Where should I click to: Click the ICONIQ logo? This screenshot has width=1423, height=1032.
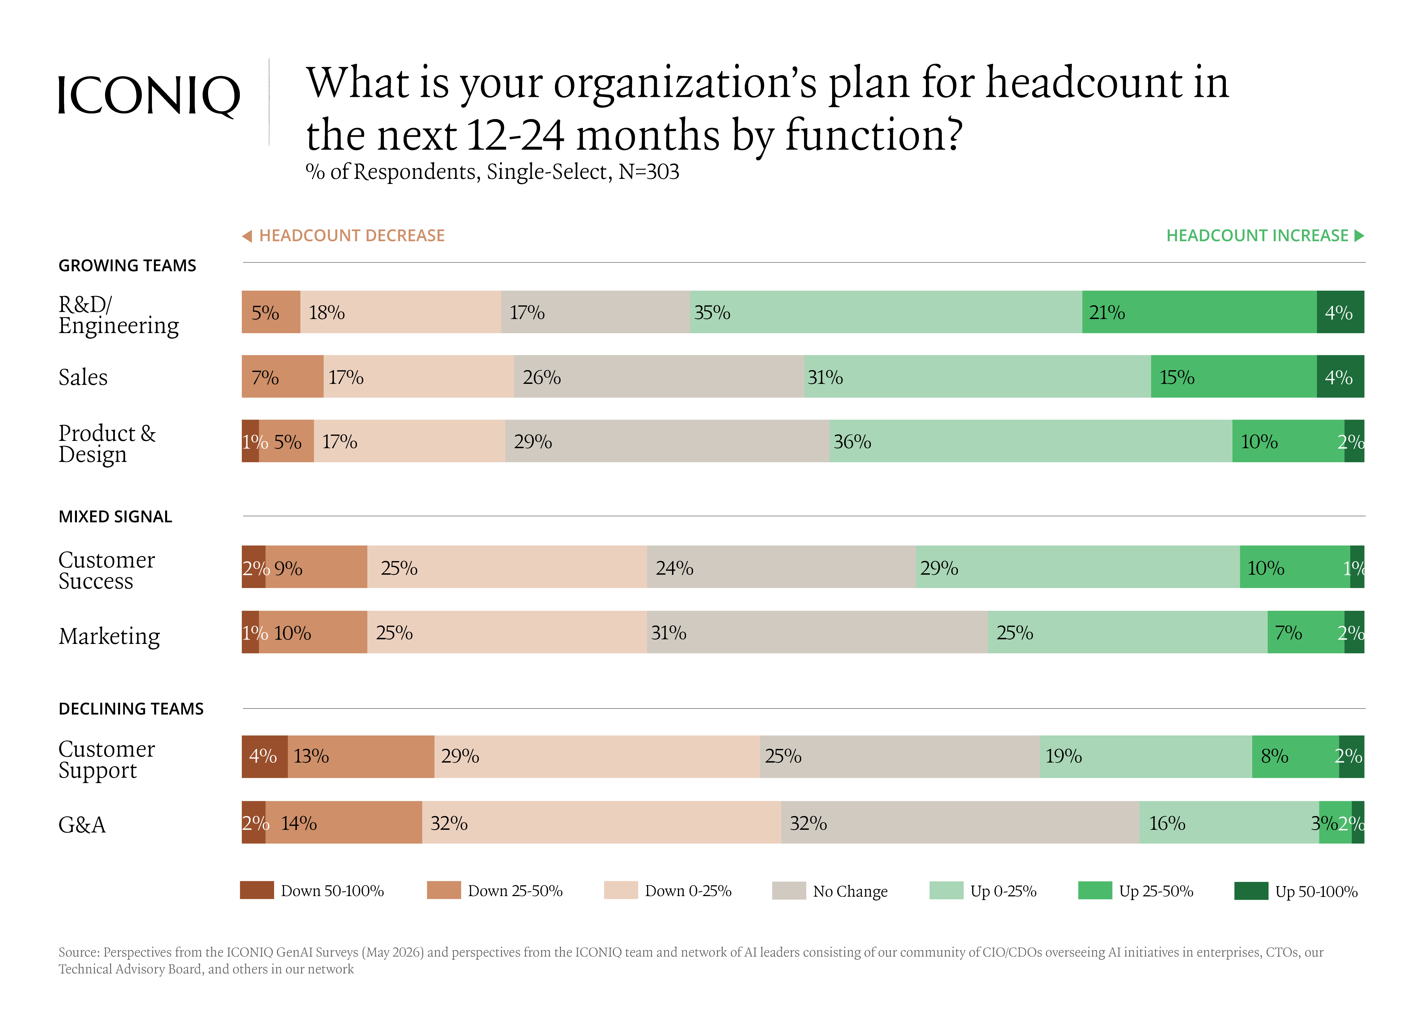tap(149, 96)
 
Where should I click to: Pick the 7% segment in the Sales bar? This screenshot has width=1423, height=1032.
tap(282, 376)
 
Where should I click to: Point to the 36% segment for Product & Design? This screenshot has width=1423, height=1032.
tap(1031, 441)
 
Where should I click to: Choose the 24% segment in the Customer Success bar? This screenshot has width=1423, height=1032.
tap(781, 567)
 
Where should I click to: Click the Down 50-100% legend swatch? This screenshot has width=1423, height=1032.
tap(257, 890)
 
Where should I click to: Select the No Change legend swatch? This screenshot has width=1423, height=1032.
tap(789, 890)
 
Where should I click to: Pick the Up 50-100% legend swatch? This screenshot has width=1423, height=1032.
tap(1251, 890)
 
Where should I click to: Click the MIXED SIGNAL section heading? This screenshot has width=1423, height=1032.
tap(115, 516)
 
